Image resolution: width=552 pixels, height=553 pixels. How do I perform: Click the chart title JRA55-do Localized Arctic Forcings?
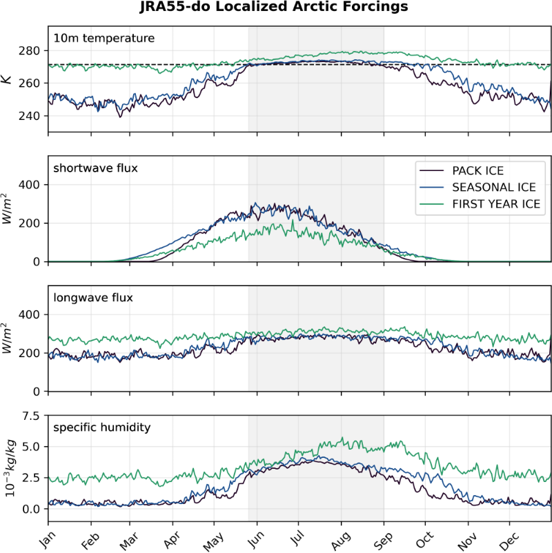[x=276, y=8]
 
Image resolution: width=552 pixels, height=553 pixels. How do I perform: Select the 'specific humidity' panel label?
[x=102, y=428]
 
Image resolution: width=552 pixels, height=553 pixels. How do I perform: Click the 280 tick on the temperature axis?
[x=32, y=51]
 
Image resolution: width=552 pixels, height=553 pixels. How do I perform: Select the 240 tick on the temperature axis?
[x=32, y=116]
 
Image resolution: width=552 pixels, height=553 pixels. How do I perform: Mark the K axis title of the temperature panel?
[x=8, y=80]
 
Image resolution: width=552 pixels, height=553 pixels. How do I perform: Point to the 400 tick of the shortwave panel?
[x=32, y=184]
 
